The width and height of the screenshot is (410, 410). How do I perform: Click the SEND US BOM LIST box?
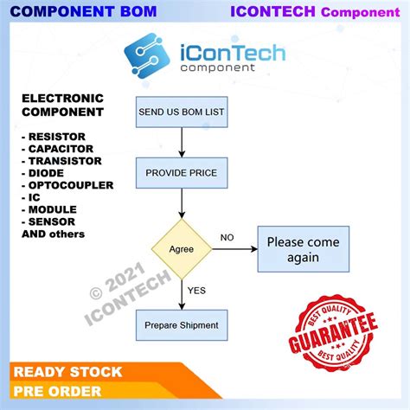[x=182, y=112]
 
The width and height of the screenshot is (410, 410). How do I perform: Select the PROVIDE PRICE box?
[x=182, y=173]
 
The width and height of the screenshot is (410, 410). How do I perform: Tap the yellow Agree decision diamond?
[x=182, y=248]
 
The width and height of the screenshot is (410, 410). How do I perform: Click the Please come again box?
[x=302, y=249]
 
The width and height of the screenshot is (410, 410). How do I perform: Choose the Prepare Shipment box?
[x=182, y=324]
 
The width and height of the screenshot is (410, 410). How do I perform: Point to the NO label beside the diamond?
[x=227, y=236]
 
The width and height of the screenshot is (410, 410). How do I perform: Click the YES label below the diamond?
[x=198, y=291]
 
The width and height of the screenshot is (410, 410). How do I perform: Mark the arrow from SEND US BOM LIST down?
[x=182, y=142]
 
